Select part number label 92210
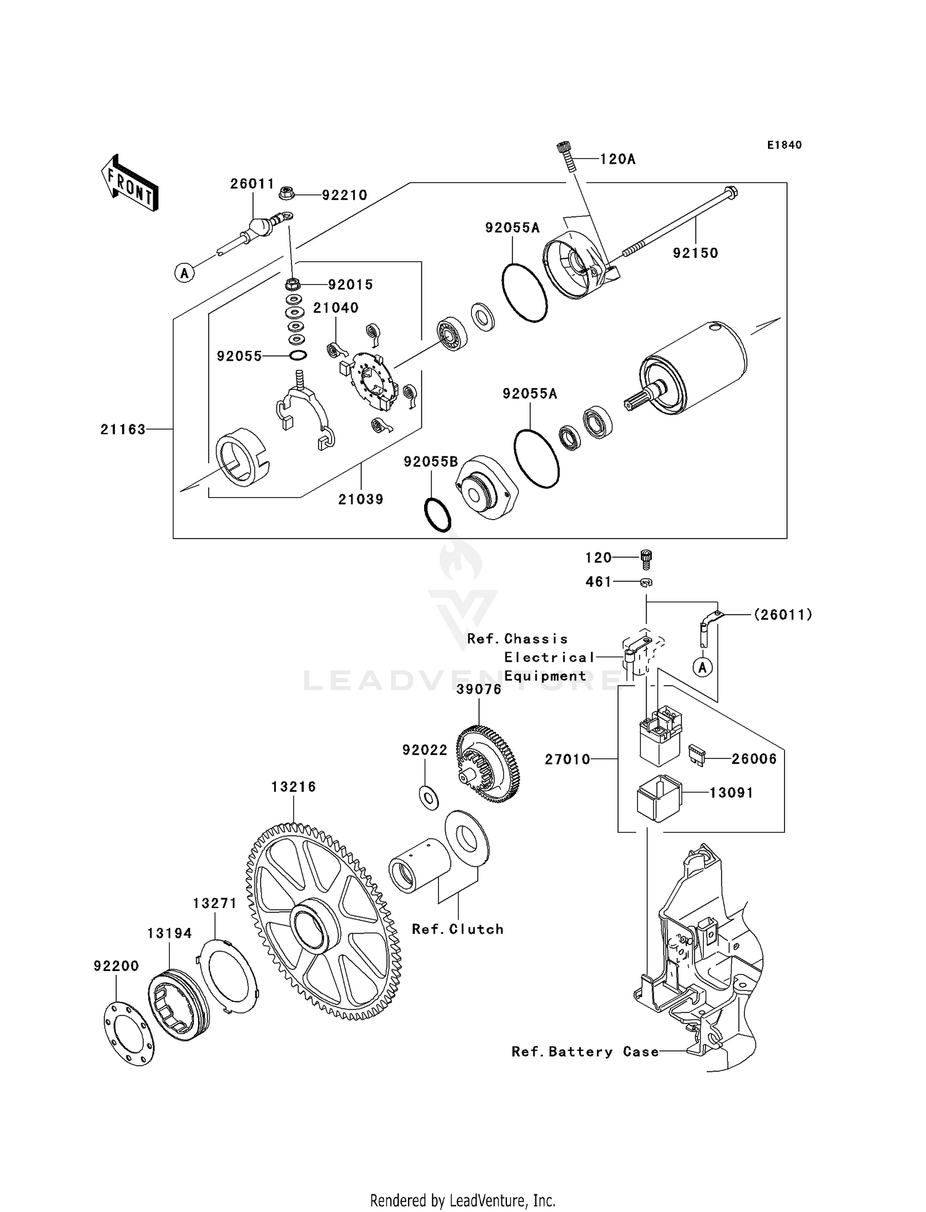pyautogui.click(x=344, y=195)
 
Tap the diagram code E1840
pyautogui.click(x=784, y=145)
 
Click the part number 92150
pyautogui.click(x=695, y=253)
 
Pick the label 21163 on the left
pyautogui.click(x=123, y=429)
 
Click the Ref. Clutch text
pyautogui.click(x=457, y=929)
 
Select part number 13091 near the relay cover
pyautogui.click(x=731, y=793)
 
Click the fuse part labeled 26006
pyautogui.click(x=696, y=756)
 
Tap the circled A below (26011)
pyautogui.click(x=702, y=667)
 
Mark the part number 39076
pyautogui.click(x=478, y=689)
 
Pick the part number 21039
pyautogui.click(x=361, y=499)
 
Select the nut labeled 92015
pyautogui.click(x=293, y=285)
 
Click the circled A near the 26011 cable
pyautogui.click(x=184, y=272)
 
